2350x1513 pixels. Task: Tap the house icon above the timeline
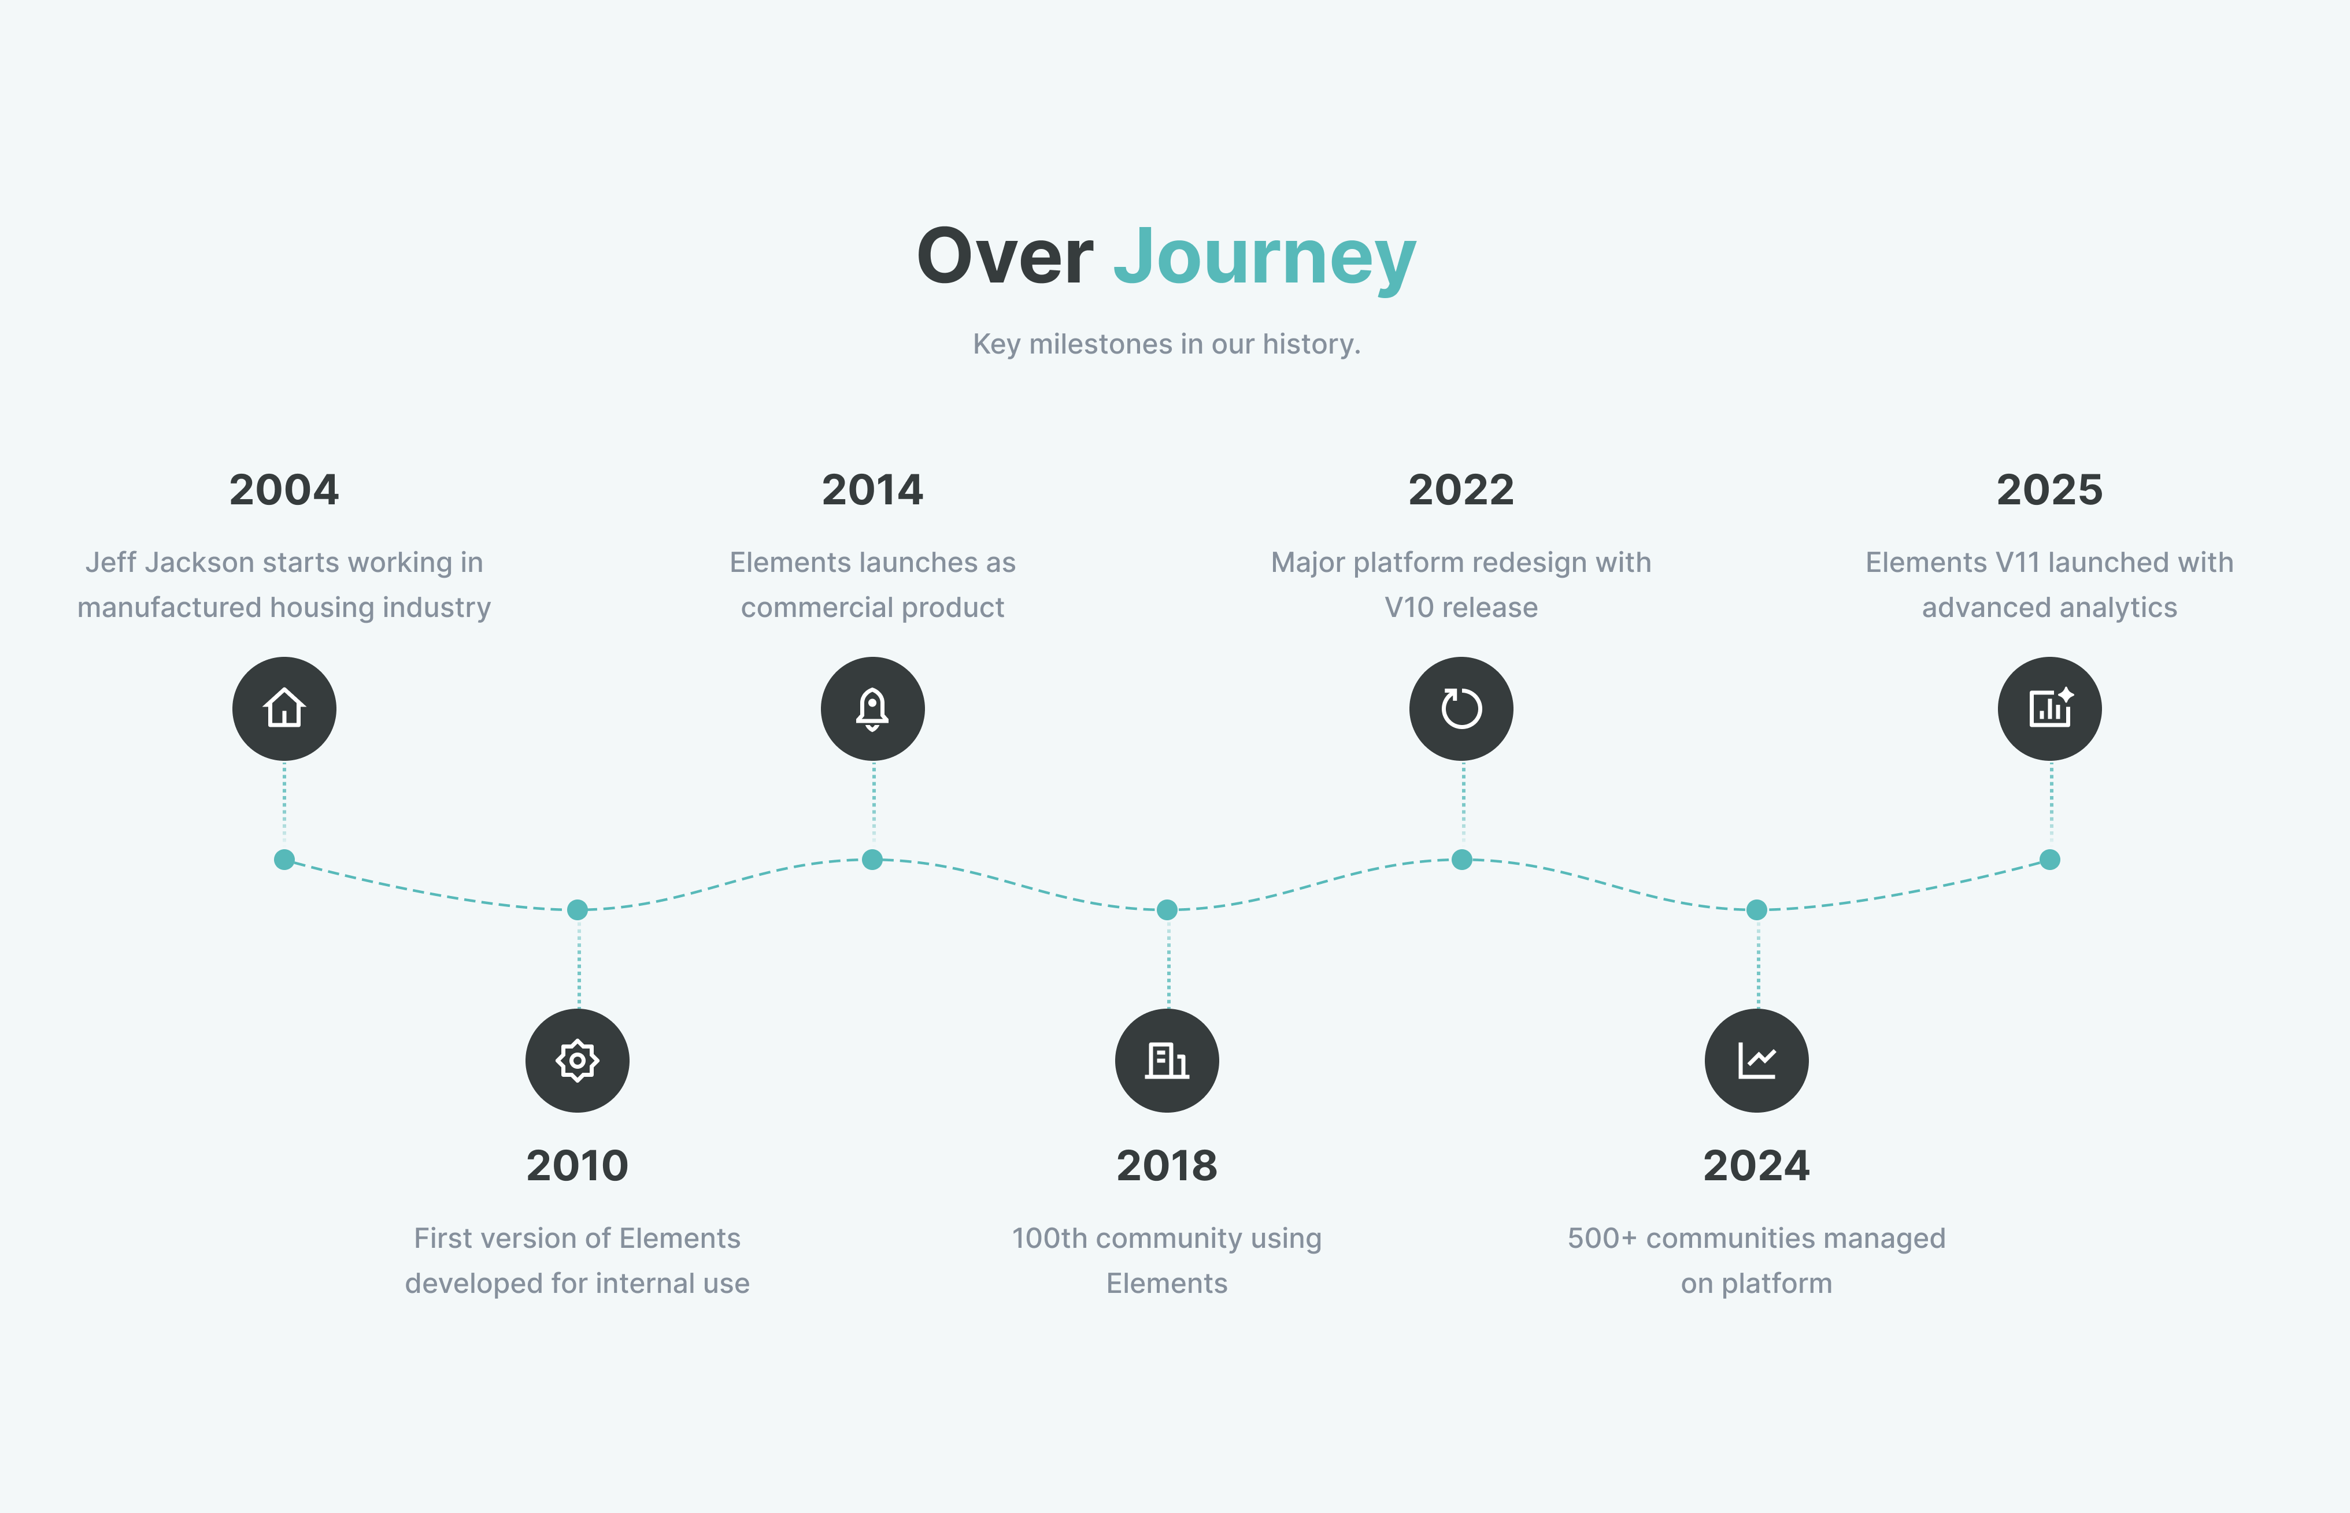[284, 708]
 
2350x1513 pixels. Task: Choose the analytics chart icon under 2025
[2049, 708]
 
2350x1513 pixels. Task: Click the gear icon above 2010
[577, 1060]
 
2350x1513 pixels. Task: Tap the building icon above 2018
[1167, 1060]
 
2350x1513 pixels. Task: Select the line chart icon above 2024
[1756, 1060]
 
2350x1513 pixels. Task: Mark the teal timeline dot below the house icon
[284, 860]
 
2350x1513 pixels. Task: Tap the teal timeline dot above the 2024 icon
[1756, 910]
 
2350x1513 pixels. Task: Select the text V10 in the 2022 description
[1408, 607]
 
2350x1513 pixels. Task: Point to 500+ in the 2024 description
[1602, 1238]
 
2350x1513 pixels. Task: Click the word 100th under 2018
[1050, 1238]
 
